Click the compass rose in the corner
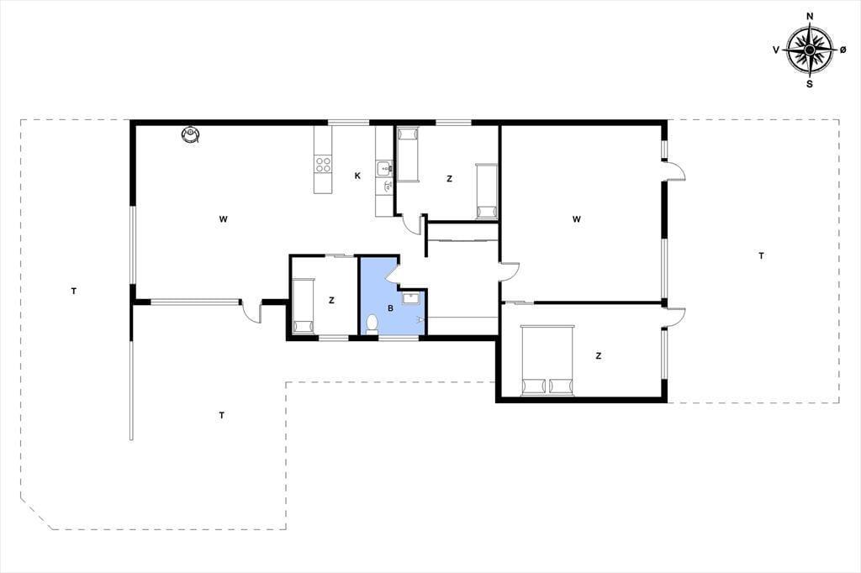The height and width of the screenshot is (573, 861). click(x=810, y=50)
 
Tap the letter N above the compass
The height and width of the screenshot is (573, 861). click(x=810, y=17)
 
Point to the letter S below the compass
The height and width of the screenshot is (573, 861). click(x=810, y=84)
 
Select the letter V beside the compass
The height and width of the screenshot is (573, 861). click(x=776, y=50)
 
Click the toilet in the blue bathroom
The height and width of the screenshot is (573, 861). click(x=372, y=323)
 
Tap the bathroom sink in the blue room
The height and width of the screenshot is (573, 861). click(x=410, y=298)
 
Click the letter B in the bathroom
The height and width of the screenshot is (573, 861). click(x=390, y=308)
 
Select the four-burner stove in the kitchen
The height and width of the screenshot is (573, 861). click(x=323, y=164)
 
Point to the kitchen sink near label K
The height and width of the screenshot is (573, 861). click(x=383, y=168)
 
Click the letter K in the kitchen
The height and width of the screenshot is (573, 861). click(x=357, y=176)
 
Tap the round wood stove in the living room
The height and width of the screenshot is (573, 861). click(x=191, y=134)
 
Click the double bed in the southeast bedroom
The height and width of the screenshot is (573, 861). click(x=547, y=360)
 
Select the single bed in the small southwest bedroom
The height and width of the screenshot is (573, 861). click(x=303, y=307)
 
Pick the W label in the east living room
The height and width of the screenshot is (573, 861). click(x=577, y=219)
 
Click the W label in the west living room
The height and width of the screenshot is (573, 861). click(x=223, y=219)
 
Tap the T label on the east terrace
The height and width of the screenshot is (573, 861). click(x=761, y=255)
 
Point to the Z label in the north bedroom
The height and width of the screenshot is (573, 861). click(x=450, y=178)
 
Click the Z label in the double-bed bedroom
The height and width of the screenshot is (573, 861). click(x=599, y=355)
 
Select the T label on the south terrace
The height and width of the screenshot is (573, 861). click(x=221, y=416)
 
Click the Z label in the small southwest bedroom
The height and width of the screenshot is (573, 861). click(x=331, y=300)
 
